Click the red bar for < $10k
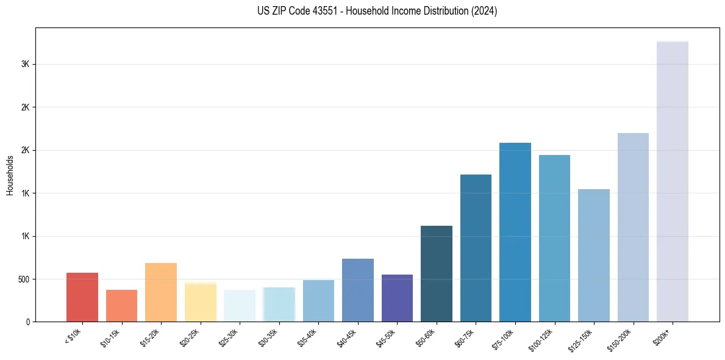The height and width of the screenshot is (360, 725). point(82,297)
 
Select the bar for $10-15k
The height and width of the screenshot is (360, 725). point(121,306)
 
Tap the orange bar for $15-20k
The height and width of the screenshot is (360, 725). point(161,292)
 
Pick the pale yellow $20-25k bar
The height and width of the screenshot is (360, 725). point(201,302)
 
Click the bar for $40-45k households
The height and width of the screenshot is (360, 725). point(358,290)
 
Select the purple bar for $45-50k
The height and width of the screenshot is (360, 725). point(397,298)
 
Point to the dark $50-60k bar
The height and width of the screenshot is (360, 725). point(437,274)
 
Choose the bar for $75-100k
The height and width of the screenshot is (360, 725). point(515,232)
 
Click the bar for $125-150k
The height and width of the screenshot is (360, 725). point(594,256)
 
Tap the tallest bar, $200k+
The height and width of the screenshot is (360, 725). point(673,182)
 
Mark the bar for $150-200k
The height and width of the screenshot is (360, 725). point(633,228)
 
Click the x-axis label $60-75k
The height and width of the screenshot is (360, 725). point(466,336)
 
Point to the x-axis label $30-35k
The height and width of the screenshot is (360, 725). point(269,336)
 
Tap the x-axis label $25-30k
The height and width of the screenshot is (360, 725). point(230,336)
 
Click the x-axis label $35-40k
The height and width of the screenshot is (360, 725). point(309,336)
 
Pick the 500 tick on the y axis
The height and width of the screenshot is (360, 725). point(24,279)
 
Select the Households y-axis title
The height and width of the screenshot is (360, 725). point(10,175)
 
